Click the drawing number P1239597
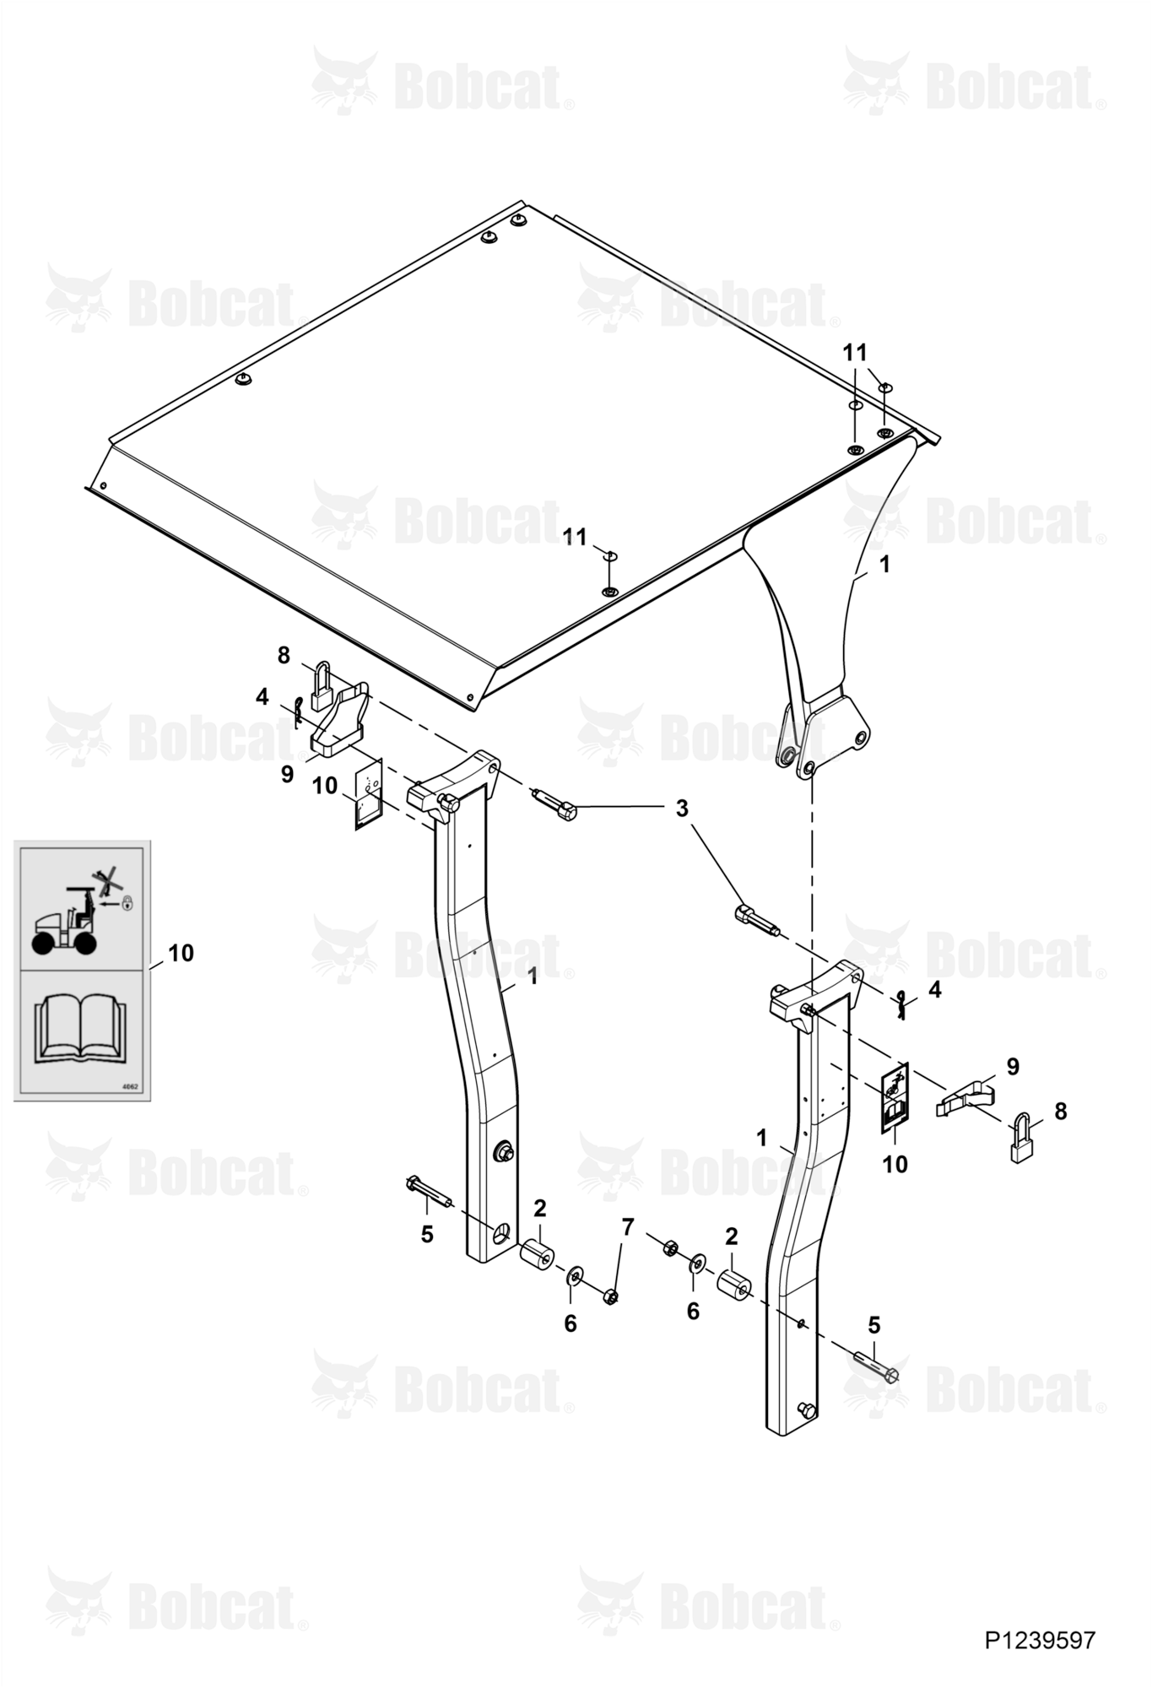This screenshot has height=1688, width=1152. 1039,1640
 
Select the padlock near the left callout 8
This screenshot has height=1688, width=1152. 322,690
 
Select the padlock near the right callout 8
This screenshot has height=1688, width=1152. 1023,1142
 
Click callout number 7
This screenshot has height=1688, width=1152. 627,1226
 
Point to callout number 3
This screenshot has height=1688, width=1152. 682,808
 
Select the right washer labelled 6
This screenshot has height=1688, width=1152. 698,1264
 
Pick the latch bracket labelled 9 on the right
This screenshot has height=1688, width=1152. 965,1099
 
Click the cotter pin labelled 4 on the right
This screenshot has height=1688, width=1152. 901,1004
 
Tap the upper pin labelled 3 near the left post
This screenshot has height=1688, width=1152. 554,804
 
